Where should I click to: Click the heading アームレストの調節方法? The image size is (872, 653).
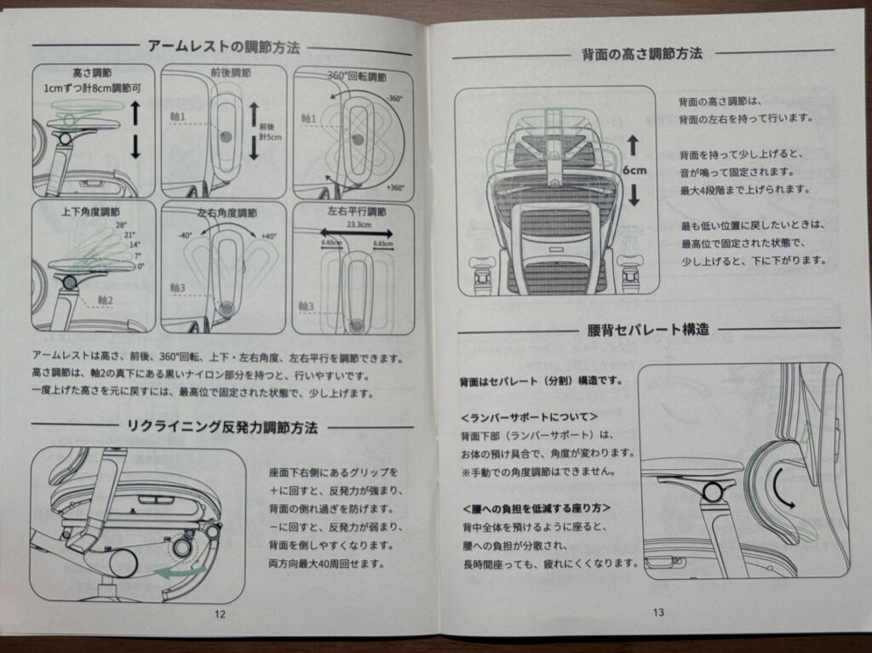223,47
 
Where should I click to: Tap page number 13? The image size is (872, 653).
657,611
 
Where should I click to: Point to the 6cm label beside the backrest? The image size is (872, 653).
634,169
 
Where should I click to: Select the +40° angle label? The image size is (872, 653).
269,237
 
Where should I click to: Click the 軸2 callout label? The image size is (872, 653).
106,300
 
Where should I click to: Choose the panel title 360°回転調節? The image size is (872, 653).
358,76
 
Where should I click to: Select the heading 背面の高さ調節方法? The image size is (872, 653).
648,54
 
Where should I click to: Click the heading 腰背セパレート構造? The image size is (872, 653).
649,329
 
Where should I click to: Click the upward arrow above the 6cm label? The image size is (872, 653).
633,143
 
